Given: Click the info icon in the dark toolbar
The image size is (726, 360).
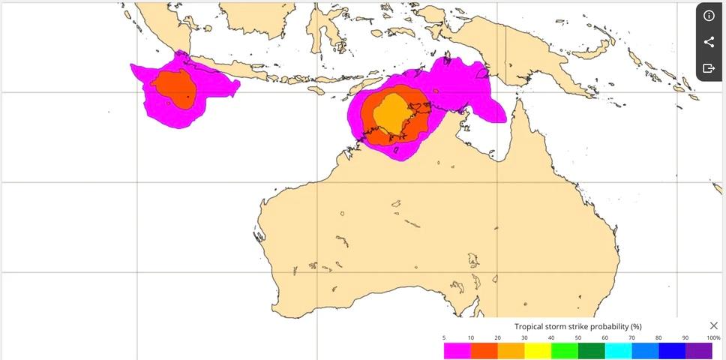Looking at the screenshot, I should pyautogui.click(x=709, y=16).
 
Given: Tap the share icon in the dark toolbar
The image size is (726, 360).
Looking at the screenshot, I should pyautogui.click(x=709, y=42).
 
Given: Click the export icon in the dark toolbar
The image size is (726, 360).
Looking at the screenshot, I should pyautogui.click(x=709, y=68).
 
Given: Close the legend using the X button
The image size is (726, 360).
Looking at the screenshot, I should pyautogui.click(x=713, y=325).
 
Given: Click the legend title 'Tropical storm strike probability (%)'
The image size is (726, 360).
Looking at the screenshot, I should pyautogui.click(x=577, y=326).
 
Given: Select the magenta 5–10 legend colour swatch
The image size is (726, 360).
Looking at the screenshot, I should pyautogui.click(x=457, y=349).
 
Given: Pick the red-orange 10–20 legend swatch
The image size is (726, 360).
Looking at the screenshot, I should pyautogui.click(x=484, y=349).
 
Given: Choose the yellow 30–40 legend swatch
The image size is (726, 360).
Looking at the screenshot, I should pyautogui.click(x=538, y=349).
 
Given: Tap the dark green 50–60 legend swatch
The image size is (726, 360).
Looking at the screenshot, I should pyautogui.click(x=592, y=349).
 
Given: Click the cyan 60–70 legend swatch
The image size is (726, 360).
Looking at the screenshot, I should pyautogui.click(x=619, y=349).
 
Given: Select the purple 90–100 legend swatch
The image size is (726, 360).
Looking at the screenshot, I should pyautogui.click(x=699, y=349).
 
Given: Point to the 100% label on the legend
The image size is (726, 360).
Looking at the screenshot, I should pyautogui.click(x=713, y=338).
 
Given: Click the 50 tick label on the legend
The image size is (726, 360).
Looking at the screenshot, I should pyautogui.click(x=578, y=338).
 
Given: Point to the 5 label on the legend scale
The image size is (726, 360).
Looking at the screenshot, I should pyautogui.click(x=444, y=338).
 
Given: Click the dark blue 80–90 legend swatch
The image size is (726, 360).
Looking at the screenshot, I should pyautogui.click(x=672, y=349).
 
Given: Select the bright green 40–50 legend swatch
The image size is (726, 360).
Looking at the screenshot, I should pyautogui.click(x=565, y=349).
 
